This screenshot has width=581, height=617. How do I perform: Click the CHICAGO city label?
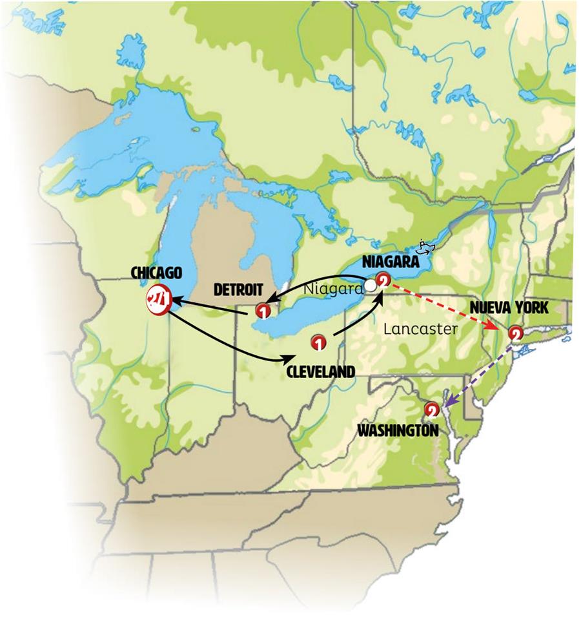coord(156,272)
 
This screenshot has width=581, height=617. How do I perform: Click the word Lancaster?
coord(420,329)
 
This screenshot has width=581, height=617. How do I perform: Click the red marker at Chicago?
coord(158,298)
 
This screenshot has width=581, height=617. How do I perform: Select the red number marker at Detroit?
coord(263,311)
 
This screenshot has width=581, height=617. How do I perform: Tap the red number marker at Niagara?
coord(383,281)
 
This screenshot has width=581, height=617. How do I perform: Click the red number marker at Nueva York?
coord(515,334)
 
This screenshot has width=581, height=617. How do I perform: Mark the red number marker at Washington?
coord(432,408)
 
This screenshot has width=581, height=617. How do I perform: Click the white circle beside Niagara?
coord(370,284)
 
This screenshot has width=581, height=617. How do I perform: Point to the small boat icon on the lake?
coord(425,246)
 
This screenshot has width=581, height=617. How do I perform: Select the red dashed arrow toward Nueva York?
coord(445,306)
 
